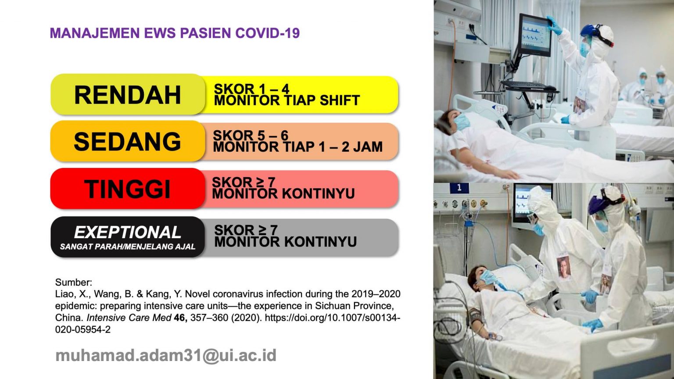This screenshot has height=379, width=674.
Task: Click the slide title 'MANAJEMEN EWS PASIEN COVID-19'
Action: tap(175, 33)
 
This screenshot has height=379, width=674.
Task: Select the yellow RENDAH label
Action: tap(127, 95)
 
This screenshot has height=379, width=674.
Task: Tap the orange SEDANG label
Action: tap(127, 142)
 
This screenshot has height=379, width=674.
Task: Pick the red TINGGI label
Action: tap(127, 189)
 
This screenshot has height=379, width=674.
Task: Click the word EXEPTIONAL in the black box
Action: tap(127, 232)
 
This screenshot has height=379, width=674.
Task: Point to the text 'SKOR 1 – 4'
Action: tap(251, 89)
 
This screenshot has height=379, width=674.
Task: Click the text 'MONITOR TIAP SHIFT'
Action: tap(287, 100)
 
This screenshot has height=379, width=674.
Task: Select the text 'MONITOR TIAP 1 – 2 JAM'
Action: tap(298, 147)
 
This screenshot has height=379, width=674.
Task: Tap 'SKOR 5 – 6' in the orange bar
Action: tap(251, 136)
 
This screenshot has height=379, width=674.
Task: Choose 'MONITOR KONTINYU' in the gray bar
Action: tap(285, 242)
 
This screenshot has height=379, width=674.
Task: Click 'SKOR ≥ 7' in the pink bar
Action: tap(244, 182)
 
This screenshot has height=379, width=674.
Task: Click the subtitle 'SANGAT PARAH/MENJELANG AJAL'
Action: tap(127, 247)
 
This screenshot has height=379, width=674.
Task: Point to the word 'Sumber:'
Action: tap(74, 282)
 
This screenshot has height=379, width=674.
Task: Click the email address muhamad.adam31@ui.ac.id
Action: tap(166, 355)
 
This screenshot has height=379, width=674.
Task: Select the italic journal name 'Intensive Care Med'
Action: tap(129, 318)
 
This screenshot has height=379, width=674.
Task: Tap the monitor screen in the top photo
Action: tap(534, 34)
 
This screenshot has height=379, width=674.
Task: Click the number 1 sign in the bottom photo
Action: tap(459, 188)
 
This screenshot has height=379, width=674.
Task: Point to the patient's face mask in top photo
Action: tap(462, 121)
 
